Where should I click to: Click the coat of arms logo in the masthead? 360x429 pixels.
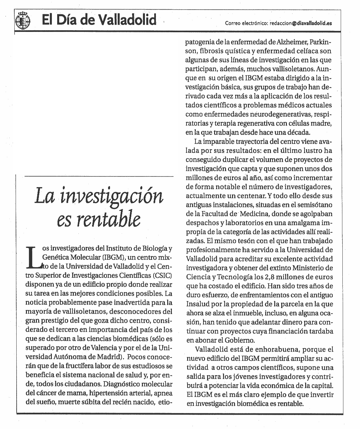coord(23,20)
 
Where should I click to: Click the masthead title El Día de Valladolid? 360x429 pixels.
coord(99,20)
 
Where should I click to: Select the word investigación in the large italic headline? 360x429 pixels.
coord(111,196)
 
